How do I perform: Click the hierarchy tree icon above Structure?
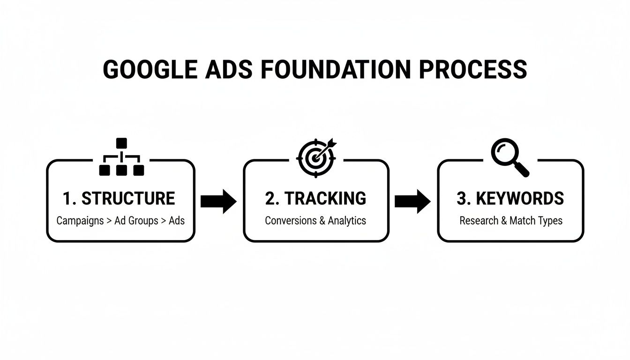click(121, 157)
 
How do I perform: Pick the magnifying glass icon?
click(509, 158)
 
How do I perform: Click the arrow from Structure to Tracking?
click(218, 201)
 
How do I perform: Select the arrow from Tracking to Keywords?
click(412, 201)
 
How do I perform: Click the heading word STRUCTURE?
click(128, 199)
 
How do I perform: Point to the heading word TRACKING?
click(325, 199)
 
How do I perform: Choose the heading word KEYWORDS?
click(520, 199)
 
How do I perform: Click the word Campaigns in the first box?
click(80, 220)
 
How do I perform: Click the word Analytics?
click(347, 220)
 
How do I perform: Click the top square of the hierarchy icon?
click(121, 143)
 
